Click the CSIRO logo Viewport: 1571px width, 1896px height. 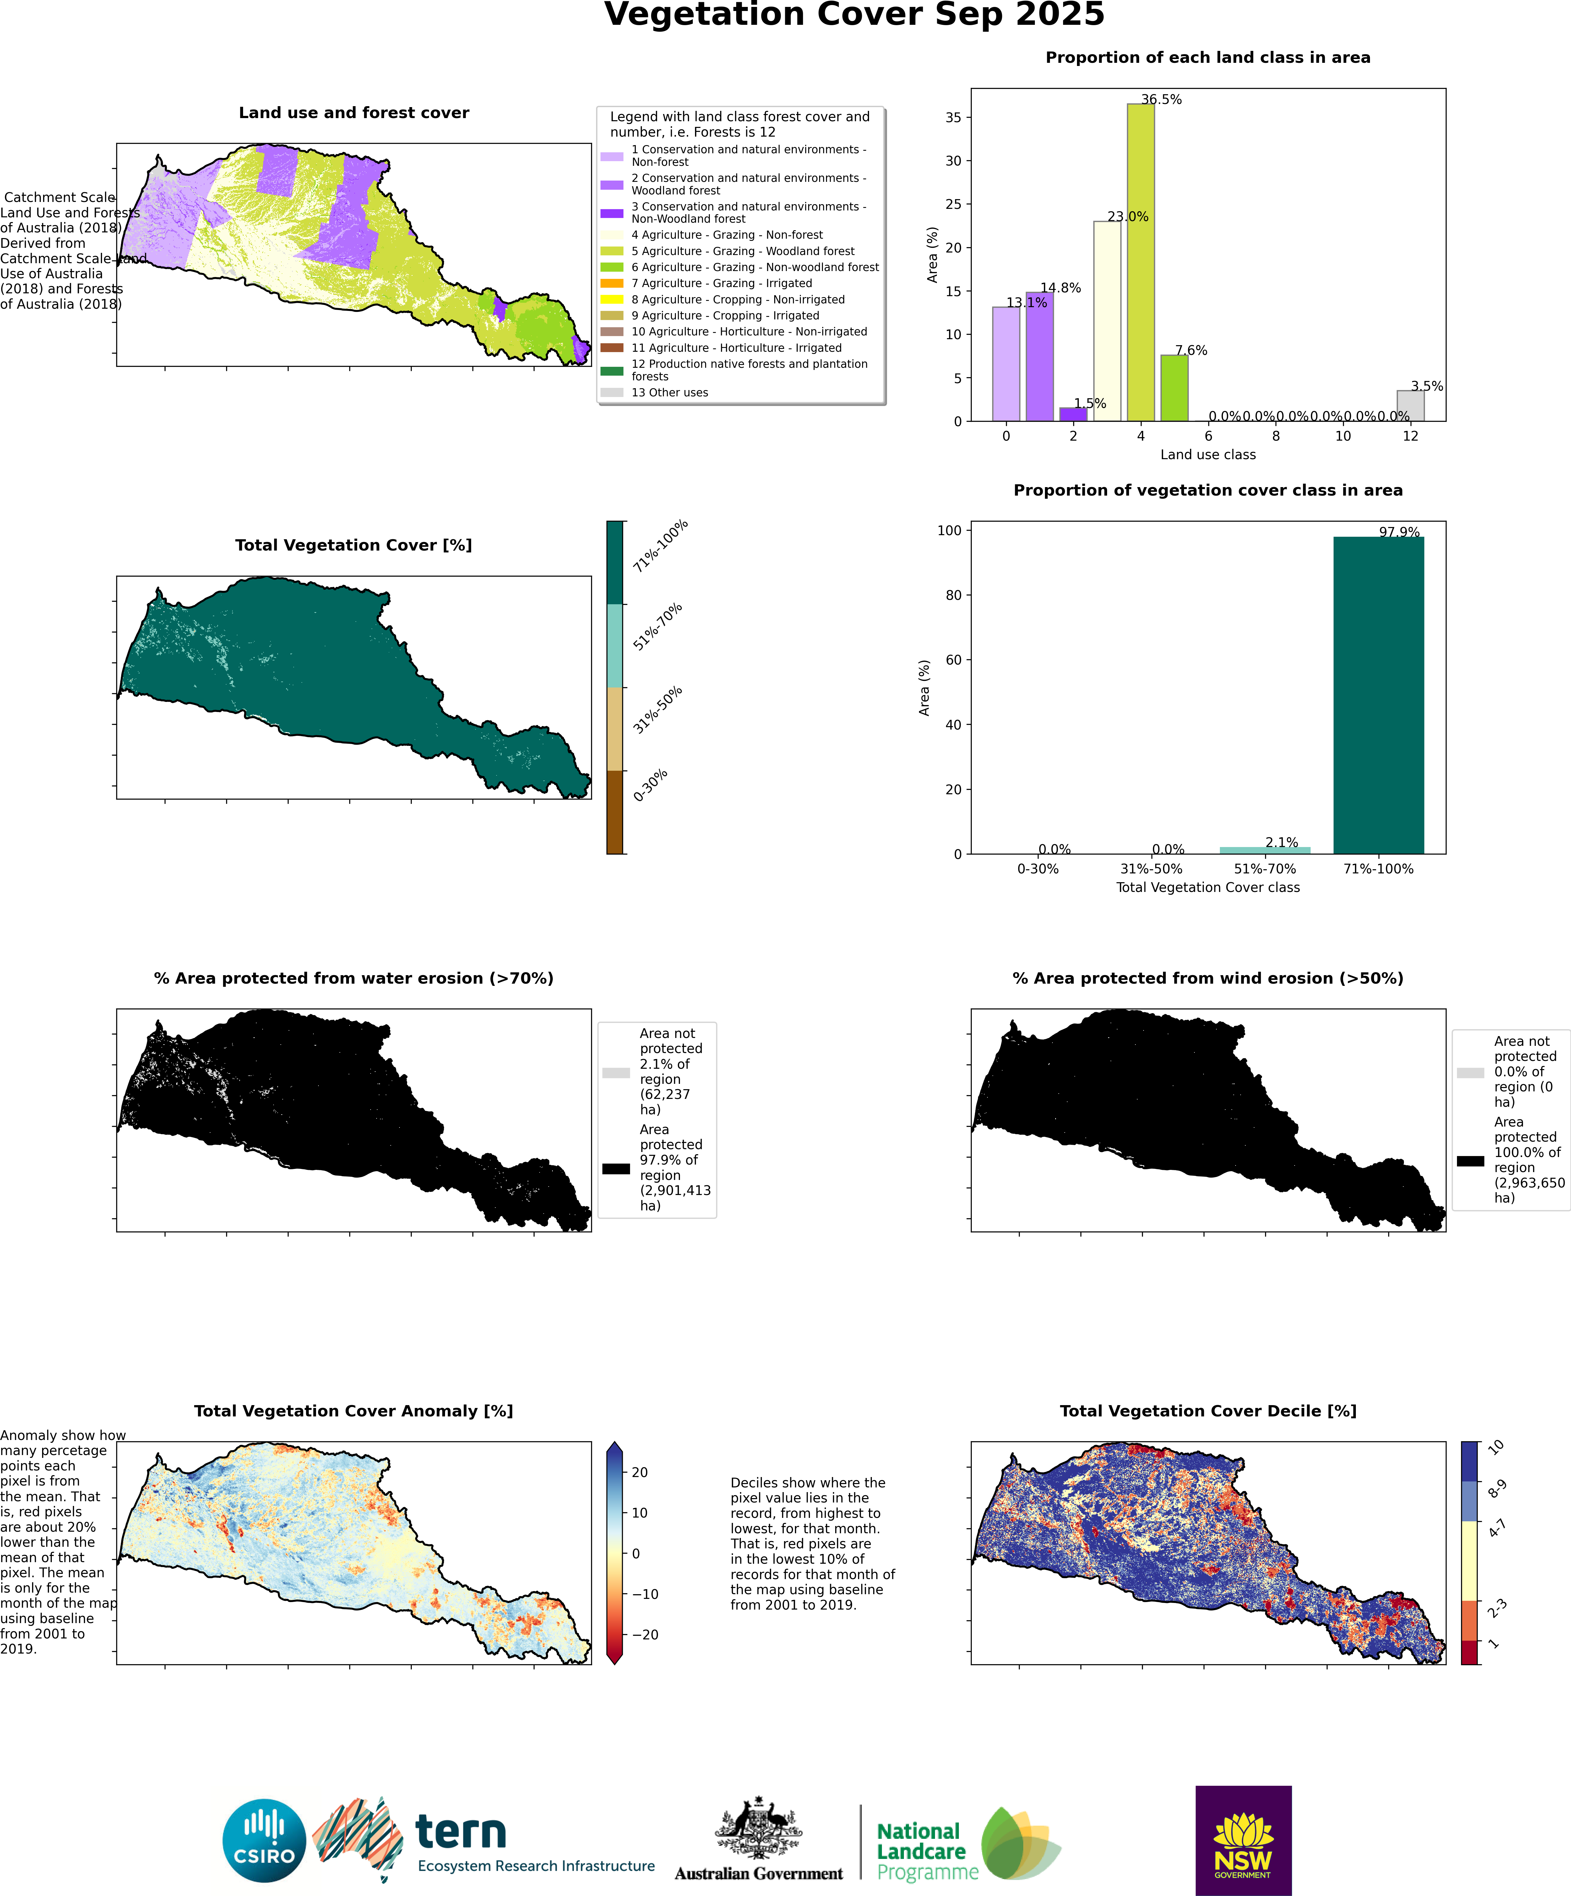pyautogui.click(x=264, y=1840)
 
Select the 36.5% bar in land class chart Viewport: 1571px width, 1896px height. pyautogui.click(x=1140, y=262)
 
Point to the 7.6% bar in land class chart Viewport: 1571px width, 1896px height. pyautogui.click(x=1174, y=388)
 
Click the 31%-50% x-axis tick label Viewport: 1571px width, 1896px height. pyautogui.click(x=1151, y=869)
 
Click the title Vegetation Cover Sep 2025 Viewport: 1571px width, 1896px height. pyautogui.click(x=854, y=15)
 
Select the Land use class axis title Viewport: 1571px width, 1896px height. pyautogui.click(x=1207, y=454)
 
